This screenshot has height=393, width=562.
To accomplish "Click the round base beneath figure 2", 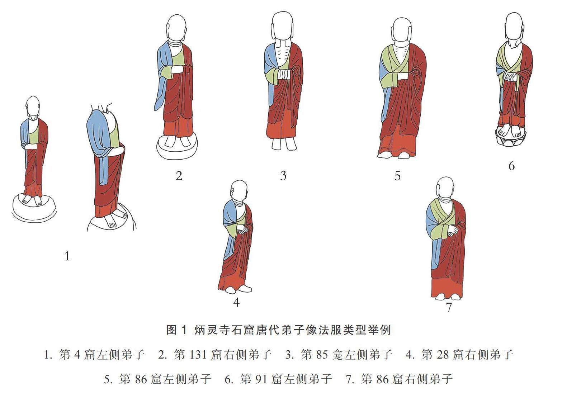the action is (177, 148).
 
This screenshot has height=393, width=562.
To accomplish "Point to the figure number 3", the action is (283, 176).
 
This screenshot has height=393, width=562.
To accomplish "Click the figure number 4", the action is (236, 303).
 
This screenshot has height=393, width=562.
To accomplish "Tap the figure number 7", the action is (449, 307).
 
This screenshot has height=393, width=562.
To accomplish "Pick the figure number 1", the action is (67, 256).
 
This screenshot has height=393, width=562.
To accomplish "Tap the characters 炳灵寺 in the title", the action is (212, 330).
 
